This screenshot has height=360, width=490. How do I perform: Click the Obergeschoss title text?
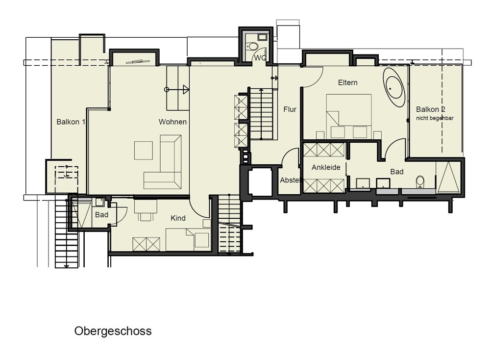coord(113,331)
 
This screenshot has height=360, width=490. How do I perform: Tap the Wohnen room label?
coord(172,122)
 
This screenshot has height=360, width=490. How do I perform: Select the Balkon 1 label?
coord(71,122)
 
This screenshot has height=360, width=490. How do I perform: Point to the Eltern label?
coord(347,82)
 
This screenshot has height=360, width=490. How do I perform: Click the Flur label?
coord(290,109)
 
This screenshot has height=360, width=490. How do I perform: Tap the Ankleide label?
coord(326,167)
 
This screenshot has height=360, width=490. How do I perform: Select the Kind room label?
coord(178,218)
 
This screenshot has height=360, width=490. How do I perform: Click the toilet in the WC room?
coord(252,46)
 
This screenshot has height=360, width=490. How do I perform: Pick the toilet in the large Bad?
coord(420,182)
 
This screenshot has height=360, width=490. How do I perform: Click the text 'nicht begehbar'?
coord(435,118)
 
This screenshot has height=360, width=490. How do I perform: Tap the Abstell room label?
coord(290,180)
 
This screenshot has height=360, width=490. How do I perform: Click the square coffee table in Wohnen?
coord(144,151)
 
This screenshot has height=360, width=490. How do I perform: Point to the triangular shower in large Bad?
coord(448,178)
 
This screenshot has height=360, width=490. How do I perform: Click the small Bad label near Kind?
coord(101,215)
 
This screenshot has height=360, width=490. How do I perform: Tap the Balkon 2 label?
coord(431,109)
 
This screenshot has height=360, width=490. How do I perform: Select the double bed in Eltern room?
coord(349,116)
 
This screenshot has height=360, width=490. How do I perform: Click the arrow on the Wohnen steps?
coord(177,90)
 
